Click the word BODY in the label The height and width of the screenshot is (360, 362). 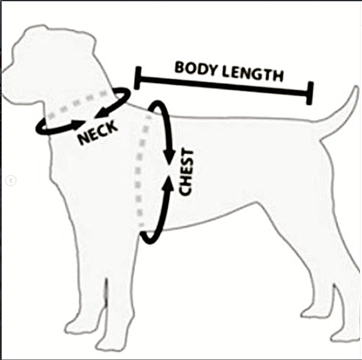point(196,68)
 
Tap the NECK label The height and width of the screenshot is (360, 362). point(97,133)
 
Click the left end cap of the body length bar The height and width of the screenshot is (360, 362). point(137,78)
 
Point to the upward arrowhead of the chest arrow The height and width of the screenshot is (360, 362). point(169,184)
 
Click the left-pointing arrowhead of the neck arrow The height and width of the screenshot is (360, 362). point(101,113)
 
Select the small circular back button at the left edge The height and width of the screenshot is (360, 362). point(11,181)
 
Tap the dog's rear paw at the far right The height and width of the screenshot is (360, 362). point(345,337)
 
